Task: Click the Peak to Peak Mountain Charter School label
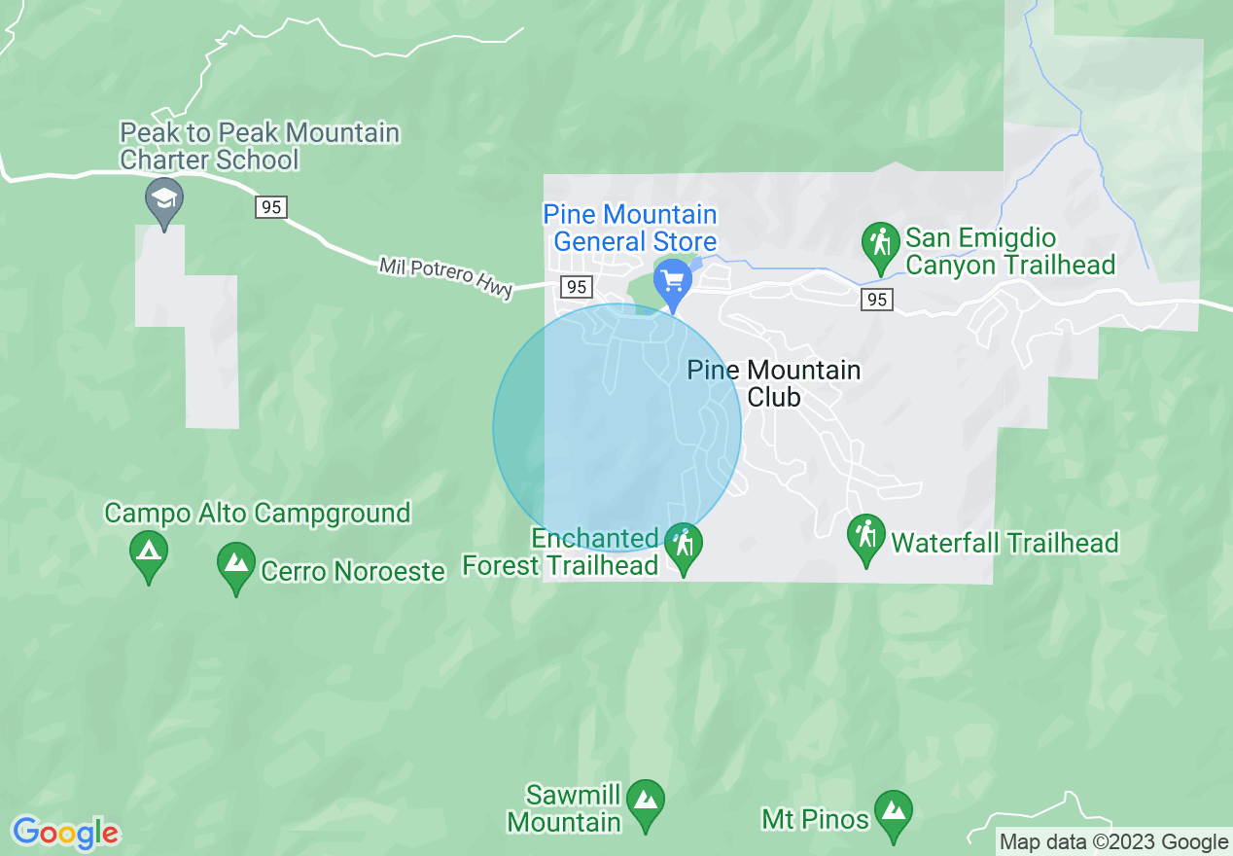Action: pos(260,146)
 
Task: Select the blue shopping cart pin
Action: pos(672,281)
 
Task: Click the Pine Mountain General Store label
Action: pos(630,228)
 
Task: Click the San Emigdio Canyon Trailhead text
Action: pos(1010,251)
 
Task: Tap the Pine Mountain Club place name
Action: pos(774,383)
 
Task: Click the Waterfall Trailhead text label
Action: pos(1004,543)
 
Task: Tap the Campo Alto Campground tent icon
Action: pos(148,553)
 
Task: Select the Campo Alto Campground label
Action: pos(258,513)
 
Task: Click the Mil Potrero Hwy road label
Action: pos(445,276)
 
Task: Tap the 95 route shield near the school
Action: pos(272,206)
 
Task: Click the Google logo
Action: pos(66,833)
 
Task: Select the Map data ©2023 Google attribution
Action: pos(1114,842)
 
